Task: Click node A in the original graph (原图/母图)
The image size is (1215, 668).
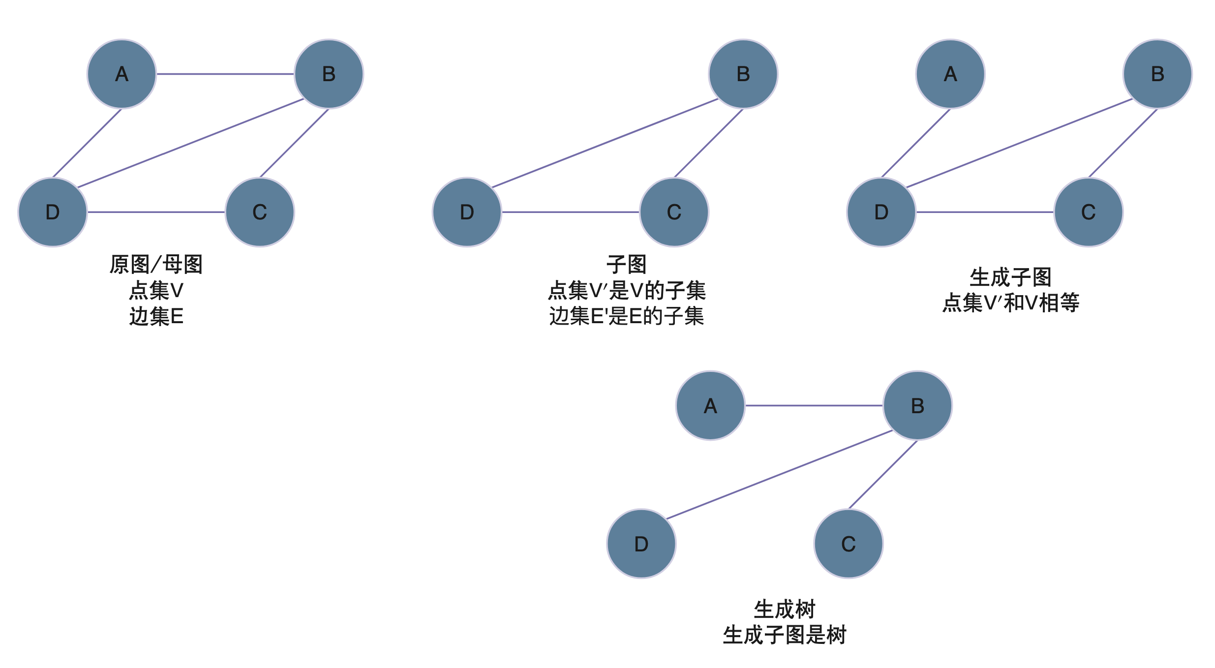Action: click(121, 74)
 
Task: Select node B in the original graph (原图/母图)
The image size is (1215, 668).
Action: click(329, 74)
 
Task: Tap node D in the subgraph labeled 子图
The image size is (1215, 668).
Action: click(467, 212)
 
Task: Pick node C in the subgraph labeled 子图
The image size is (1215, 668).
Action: click(674, 212)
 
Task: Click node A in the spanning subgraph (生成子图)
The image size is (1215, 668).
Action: click(950, 74)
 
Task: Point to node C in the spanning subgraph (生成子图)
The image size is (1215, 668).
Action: click(1088, 212)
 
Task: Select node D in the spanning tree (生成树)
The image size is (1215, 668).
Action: click(641, 544)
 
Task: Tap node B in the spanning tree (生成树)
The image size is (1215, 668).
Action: click(917, 406)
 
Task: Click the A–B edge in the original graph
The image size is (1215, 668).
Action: click(225, 74)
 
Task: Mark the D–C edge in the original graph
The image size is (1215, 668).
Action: click(156, 212)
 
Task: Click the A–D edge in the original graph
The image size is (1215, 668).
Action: click(87, 143)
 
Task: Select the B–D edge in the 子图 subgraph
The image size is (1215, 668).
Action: click(605, 143)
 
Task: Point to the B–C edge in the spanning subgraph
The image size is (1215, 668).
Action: click(1123, 143)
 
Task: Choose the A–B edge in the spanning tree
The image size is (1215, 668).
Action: click(814, 406)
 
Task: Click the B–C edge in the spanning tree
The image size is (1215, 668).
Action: click(883, 475)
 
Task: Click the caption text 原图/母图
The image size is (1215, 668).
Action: click(156, 265)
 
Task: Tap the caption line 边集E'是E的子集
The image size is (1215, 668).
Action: click(626, 316)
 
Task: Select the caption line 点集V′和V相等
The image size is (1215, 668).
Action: click(1010, 303)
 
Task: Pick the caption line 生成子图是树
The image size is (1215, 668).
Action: click(784, 635)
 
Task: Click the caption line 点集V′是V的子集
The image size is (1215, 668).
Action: click(626, 291)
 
